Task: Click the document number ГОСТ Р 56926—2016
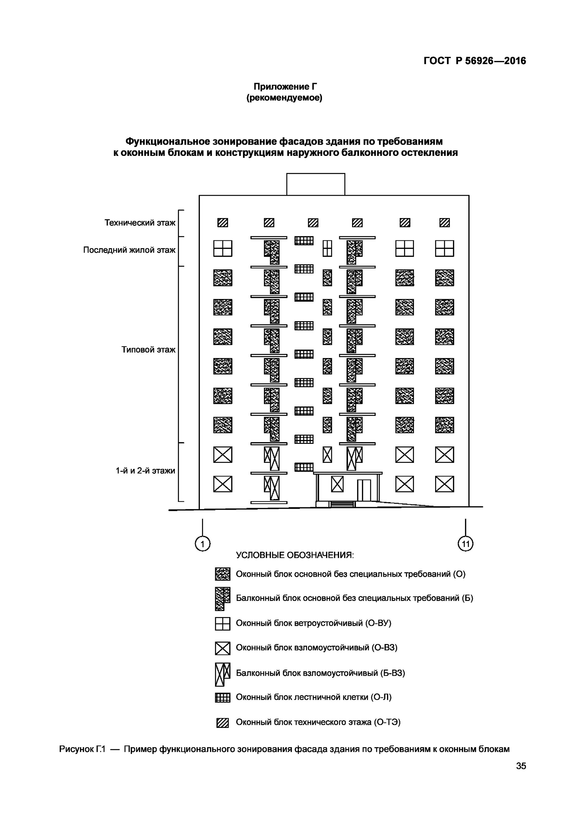pos(474,61)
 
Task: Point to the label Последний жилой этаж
pos(129,250)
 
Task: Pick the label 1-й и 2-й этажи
pos(145,471)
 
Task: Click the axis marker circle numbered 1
pos(202,544)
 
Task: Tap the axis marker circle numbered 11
pos(466,544)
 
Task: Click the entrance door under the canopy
pos(364,490)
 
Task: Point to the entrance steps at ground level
pos(342,504)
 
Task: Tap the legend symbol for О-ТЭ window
pos(222,723)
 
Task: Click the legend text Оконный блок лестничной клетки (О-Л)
pos(314,697)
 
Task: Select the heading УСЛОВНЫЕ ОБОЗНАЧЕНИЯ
pos(295,555)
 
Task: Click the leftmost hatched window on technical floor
pos(223,223)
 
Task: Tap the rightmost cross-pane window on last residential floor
pos(444,249)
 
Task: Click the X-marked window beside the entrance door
pos(337,484)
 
